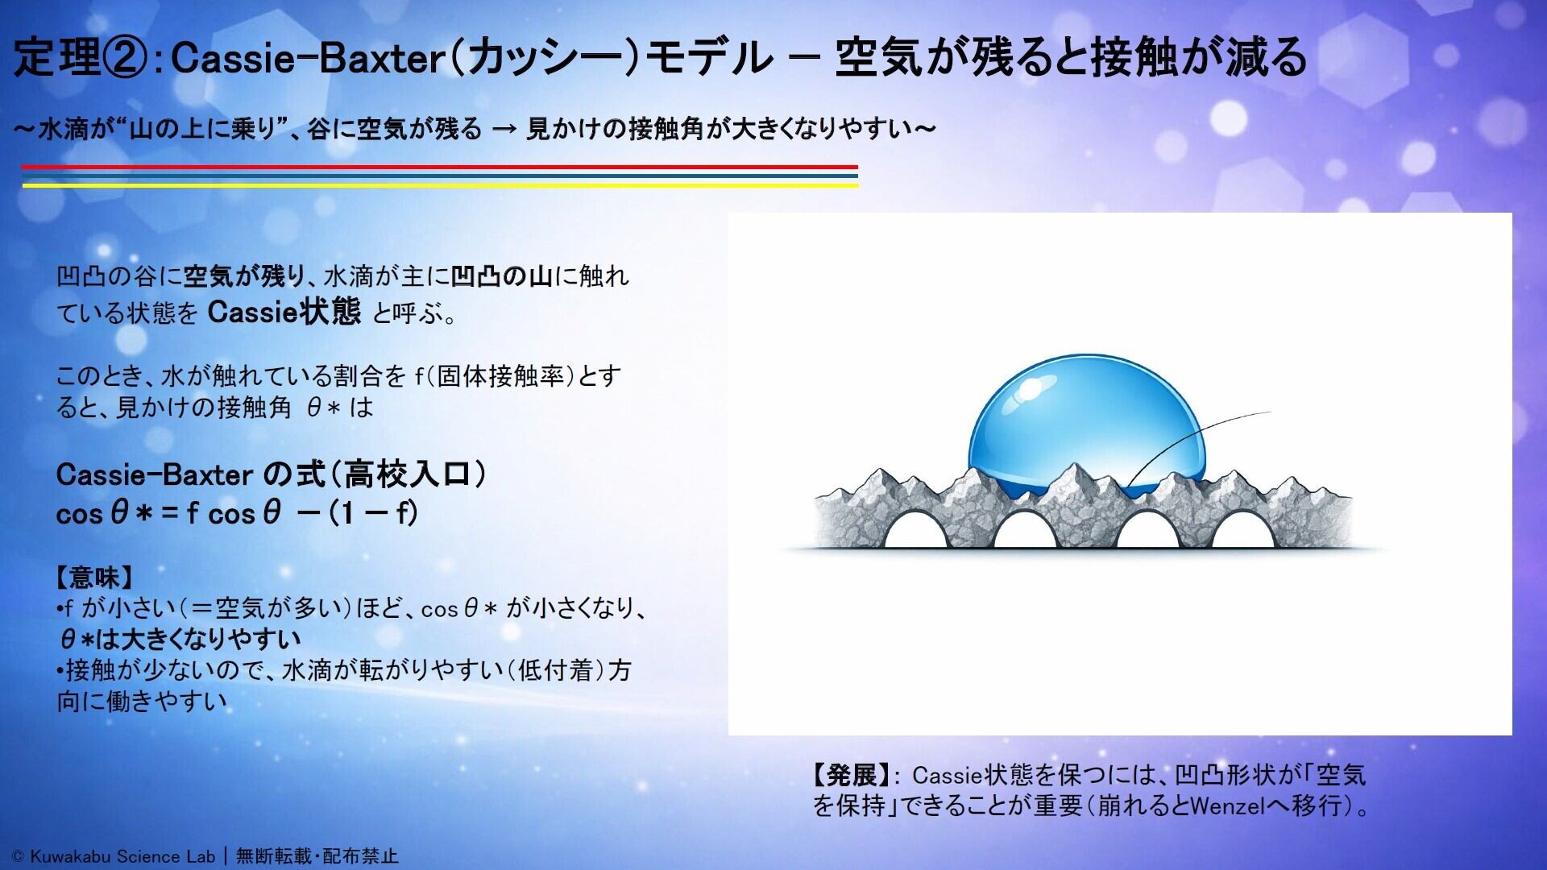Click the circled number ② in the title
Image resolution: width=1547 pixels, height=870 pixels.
point(125,57)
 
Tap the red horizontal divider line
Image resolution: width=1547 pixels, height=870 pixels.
point(440,167)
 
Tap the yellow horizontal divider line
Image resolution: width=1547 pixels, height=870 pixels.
point(440,184)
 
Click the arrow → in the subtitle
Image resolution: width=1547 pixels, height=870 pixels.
point(504,129)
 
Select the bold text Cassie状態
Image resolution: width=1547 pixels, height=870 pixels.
point(284,312)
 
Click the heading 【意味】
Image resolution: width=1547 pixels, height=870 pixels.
point(94,577)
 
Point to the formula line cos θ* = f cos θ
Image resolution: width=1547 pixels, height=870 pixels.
point(237,513)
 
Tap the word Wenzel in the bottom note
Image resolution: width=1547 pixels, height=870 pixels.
point(1227,806)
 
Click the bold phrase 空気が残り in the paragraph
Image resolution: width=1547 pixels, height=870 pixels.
point(244,276)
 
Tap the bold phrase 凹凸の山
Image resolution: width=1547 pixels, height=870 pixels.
point(501,276)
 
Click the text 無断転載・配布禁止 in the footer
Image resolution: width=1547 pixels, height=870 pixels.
point(317,856)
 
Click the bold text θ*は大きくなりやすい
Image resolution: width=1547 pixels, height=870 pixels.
point(180,640)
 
